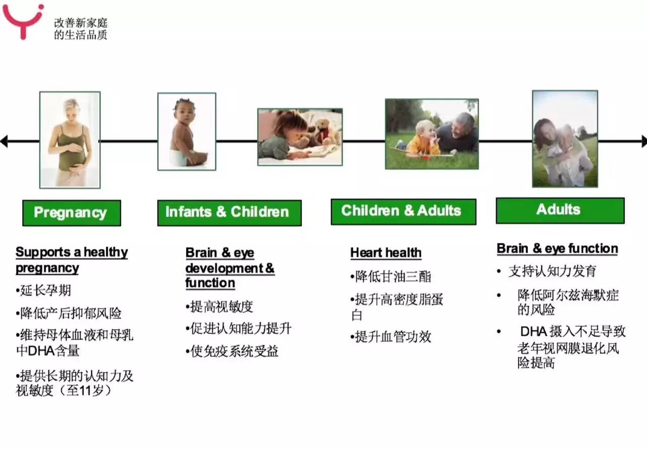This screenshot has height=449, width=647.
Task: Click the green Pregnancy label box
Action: tap(71, 213)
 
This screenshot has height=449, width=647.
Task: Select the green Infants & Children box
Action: tap(229, 212)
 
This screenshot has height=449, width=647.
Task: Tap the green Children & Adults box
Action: tap(403, 211)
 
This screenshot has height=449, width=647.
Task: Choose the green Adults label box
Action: tap(560, 210)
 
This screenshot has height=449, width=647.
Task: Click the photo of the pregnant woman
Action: tap(70, 140)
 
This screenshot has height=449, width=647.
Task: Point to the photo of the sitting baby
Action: tap(187, 131)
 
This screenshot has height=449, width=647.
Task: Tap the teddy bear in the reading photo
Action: tap(324, 130)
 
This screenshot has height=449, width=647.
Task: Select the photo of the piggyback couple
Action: tap(565, 139)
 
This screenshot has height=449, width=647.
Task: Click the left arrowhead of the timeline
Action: tap(4, 141)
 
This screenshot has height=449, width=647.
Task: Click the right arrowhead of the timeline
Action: tap(643, 141)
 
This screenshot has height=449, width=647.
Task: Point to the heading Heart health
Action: tap(386, 253)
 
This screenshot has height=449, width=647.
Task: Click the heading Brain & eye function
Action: tap(557, 249)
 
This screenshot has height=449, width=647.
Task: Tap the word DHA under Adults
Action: tap(533, 332)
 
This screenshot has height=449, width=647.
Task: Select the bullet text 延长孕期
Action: tap(44, 290)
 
